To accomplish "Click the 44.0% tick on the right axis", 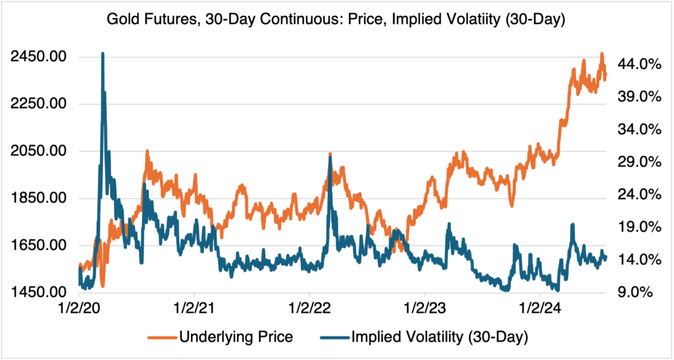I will tap(638, 64).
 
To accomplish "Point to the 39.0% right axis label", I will tap(638, 96).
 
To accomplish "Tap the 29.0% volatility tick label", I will tap(638, 162).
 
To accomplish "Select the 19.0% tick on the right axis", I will tap(638, 227).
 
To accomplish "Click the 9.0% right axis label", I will tap(638, 292).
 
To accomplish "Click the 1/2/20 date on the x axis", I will tap(79, 308).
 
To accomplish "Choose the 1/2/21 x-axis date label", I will tap(194, 308).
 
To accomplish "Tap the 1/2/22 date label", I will tap(309, 308).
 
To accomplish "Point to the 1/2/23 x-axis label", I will tap(425, 308).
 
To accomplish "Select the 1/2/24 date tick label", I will tap(540, 308).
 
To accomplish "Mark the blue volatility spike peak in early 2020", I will tap(103, 53).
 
